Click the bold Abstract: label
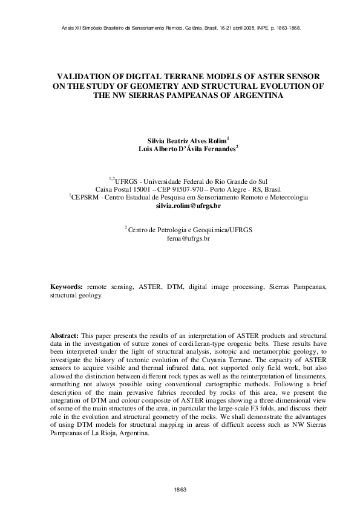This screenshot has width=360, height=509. [x=65, y=335]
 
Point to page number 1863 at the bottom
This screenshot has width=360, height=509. [x=180, y=488]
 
